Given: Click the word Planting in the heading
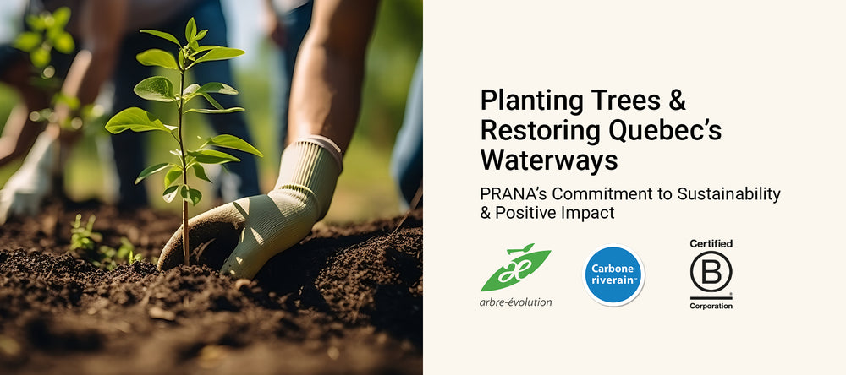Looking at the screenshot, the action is coord(525,102).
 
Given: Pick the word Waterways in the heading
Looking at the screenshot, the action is coord(549,160).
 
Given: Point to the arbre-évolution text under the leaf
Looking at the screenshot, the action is coord(516,302).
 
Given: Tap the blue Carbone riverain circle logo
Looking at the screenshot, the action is coord(613,274).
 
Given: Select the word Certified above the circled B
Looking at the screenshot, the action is coord(711,244).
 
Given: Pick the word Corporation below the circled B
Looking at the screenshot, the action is coord(711,306).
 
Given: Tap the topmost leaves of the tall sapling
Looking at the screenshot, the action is coord(192,34).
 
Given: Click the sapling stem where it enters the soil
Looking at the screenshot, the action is coord(186,261).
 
